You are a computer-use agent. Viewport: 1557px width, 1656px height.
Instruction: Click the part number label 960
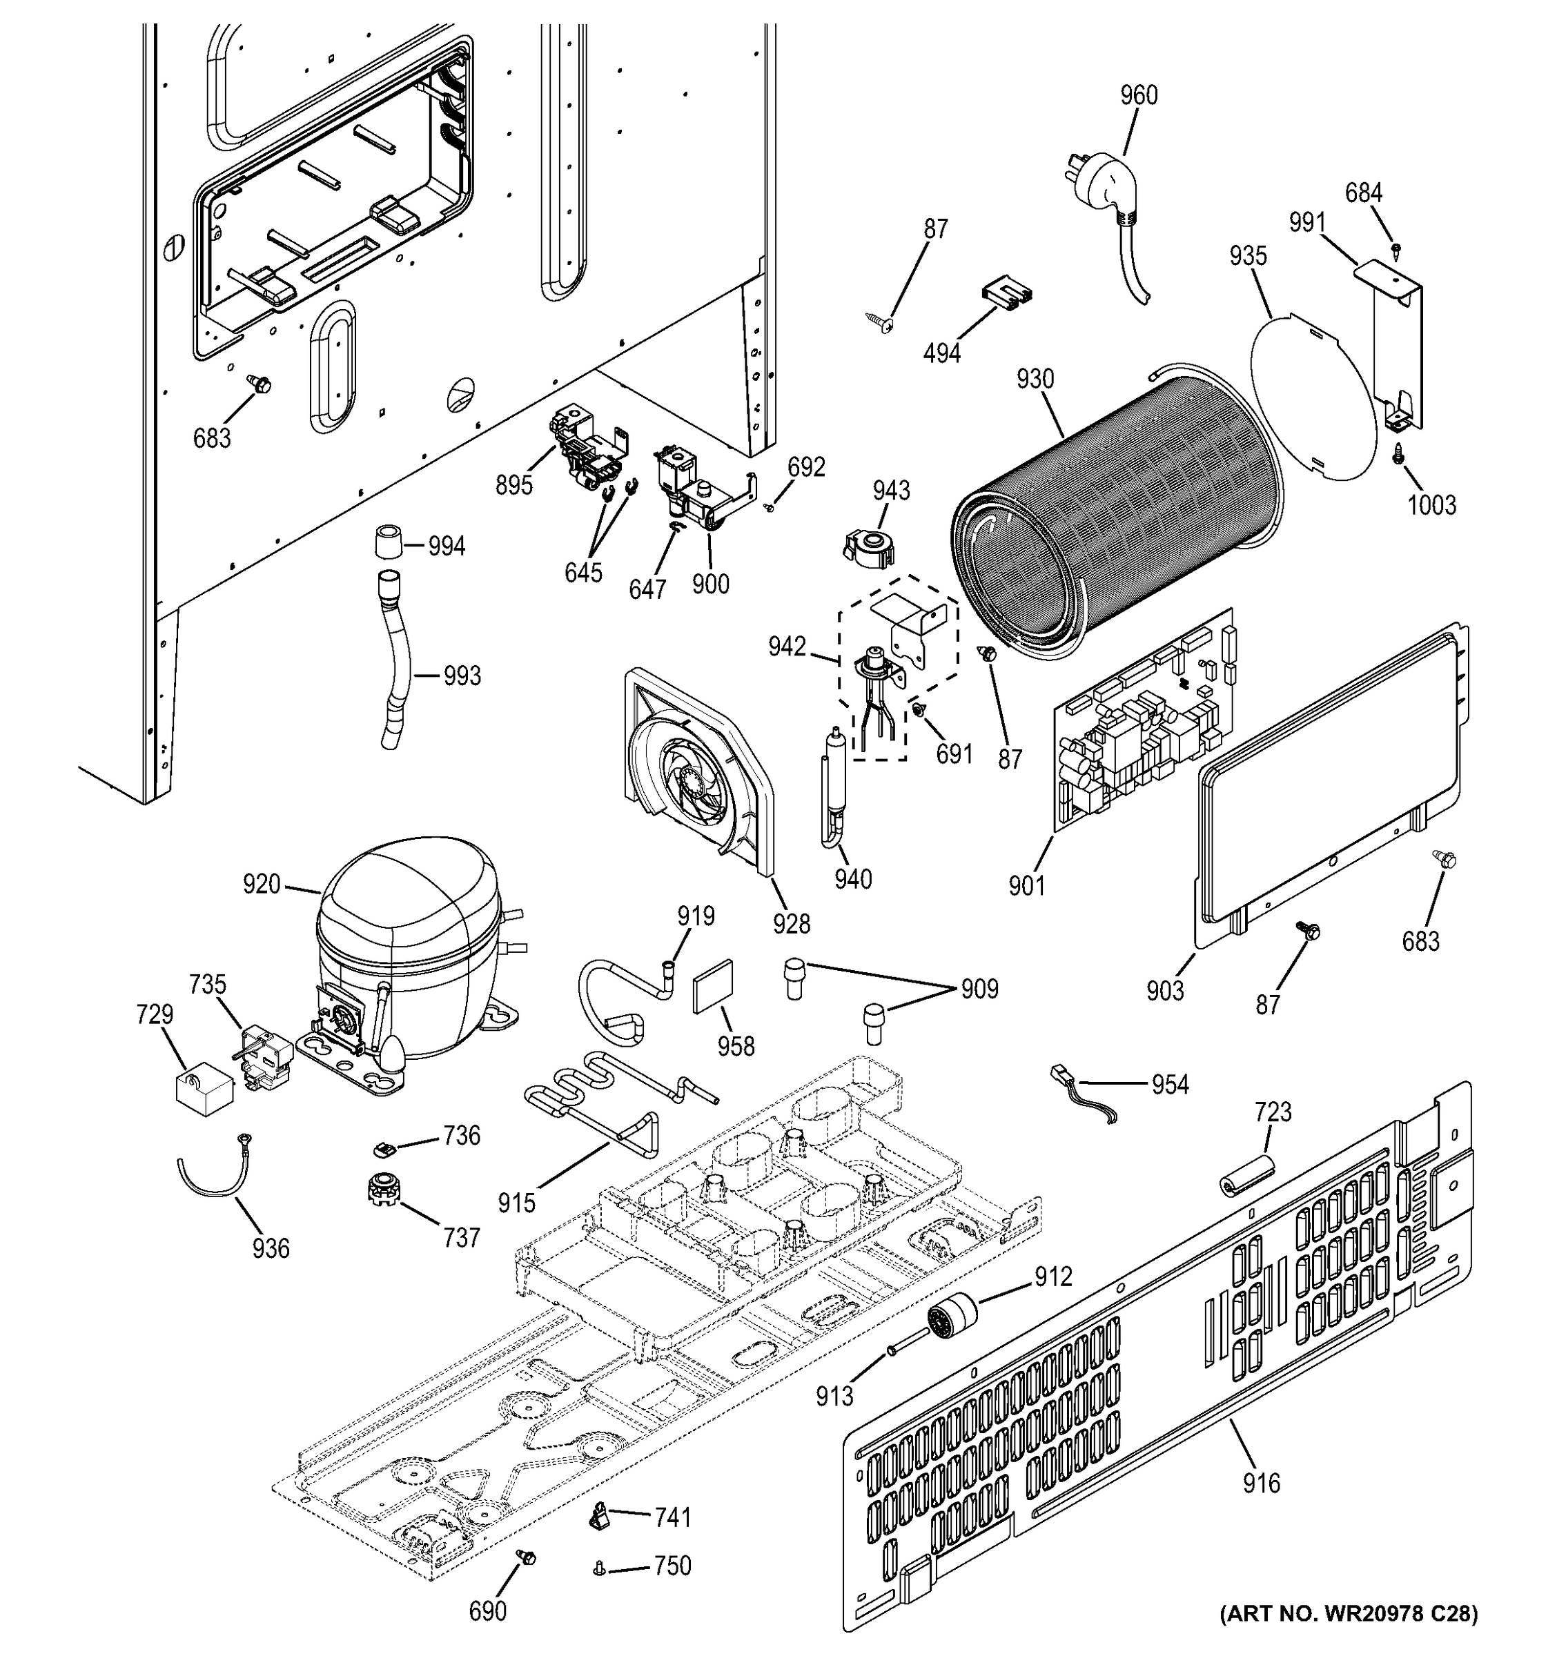(x=1138, y=96)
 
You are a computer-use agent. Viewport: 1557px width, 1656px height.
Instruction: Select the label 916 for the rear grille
(x=1260, y=1483)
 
